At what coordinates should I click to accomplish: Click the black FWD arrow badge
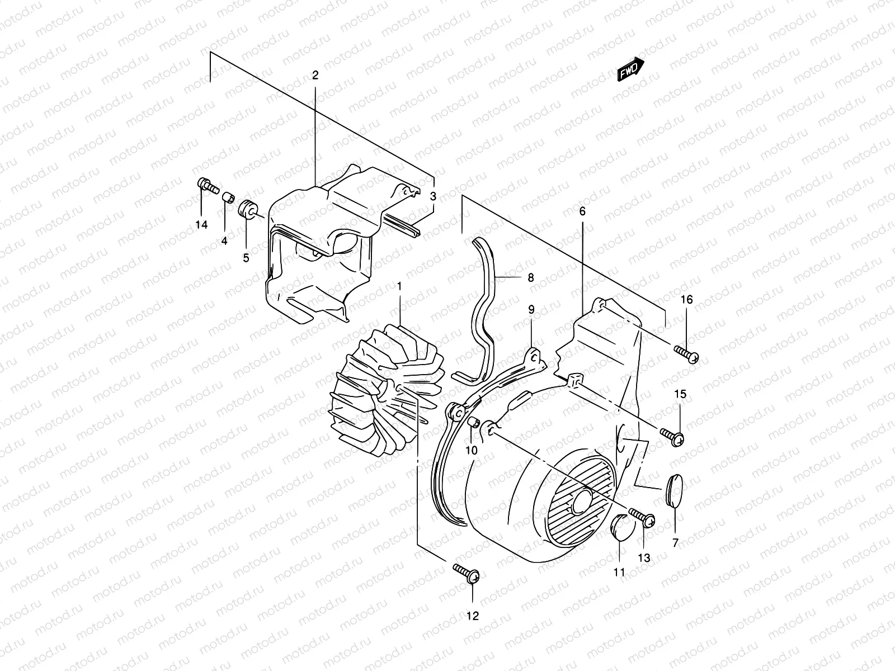tap(631, 70)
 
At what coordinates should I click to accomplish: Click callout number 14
tap(201, 225)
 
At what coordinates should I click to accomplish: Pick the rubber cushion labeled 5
tap(247, 210)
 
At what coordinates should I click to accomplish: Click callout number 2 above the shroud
tap(315, 75)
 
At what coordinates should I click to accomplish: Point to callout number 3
tap(433, 196)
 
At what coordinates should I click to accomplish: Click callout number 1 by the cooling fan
tap(399, 286)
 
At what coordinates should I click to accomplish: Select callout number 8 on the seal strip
tap(530, 277)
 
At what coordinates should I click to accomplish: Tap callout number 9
tap(531, 309)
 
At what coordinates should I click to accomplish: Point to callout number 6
tap(582, 211)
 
